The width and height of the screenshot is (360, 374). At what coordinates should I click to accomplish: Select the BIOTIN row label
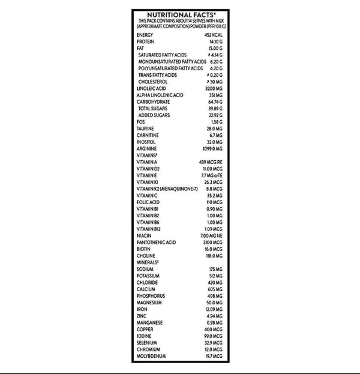[145, 249]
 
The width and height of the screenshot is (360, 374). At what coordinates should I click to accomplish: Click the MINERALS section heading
[148, 262]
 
